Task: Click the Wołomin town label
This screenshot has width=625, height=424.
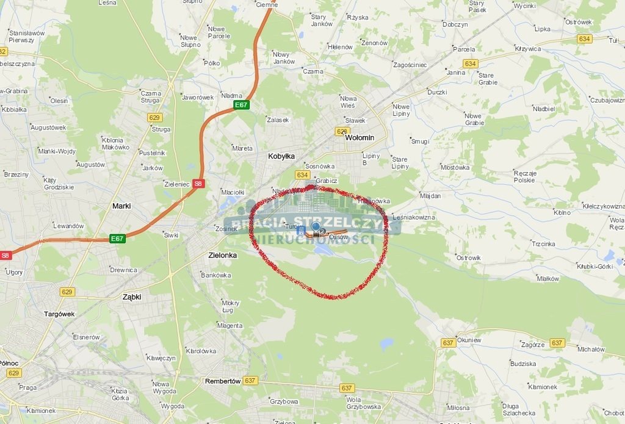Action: click(x=359, y=138)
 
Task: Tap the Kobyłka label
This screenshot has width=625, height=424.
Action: click(x=281, y=156)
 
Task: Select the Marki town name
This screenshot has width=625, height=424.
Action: click(x=121, y=206)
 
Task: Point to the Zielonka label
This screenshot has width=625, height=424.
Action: click(x=222, y=256)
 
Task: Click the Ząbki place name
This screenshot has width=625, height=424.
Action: click(x=132, y=297)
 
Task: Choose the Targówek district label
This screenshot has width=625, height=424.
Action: click(x=59, y=314)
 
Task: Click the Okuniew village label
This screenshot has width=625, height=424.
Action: click(x=469, y=340)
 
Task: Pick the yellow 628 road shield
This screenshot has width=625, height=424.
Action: click(x=342, y=131)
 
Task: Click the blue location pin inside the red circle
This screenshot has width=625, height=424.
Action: click(x=316, y=226)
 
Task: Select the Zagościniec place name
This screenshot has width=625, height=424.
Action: click(x=410, y=65)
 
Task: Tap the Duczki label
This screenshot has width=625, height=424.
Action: click(x=437, y=92)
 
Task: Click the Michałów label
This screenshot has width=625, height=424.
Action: click(x=591, y=350)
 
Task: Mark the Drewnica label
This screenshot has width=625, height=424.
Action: click(x=123, y=270)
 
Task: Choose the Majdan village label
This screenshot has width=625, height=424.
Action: click(x=430, y=196)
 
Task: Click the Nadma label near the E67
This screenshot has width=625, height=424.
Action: click(x=232, y=95)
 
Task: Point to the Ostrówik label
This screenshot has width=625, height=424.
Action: click(x=469, y=258)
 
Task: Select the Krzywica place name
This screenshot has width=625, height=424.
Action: click(x=528, y=48)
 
